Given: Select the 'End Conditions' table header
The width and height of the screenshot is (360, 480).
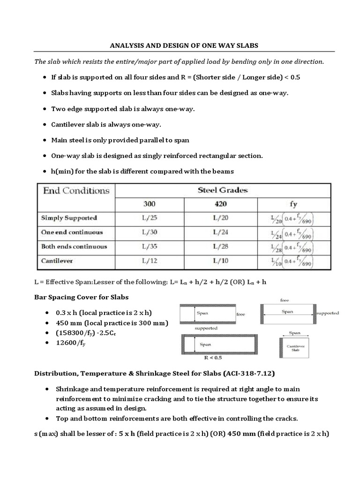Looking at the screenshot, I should click(x=76, y=190).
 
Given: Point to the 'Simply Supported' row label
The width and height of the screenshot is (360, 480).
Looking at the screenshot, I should click(x=69, y=218).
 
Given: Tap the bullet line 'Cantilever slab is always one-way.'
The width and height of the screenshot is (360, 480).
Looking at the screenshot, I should click(x=106, y=125).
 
